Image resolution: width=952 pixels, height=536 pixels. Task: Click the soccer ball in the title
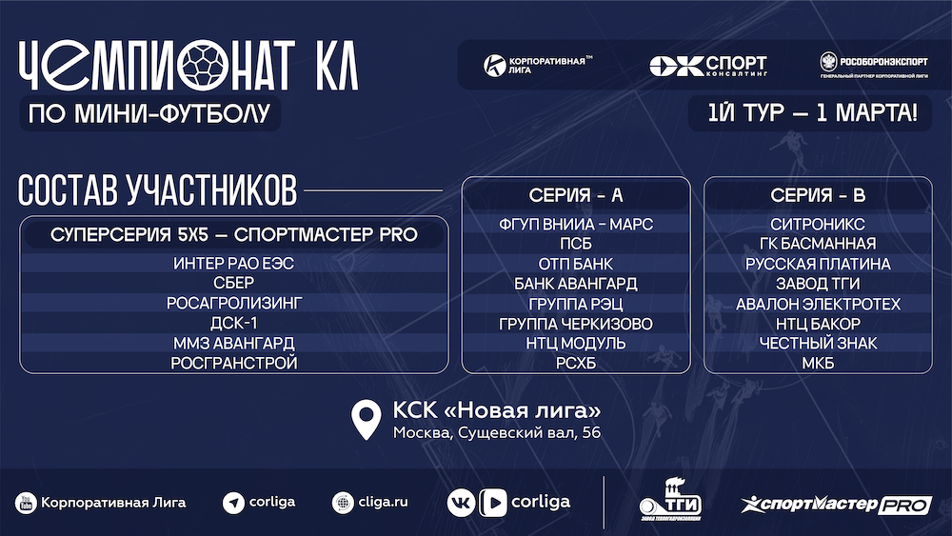tap(204, 65)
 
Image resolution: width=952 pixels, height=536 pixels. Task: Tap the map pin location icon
tap(367, 419)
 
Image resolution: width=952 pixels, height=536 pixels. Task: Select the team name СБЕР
tap(234, 283)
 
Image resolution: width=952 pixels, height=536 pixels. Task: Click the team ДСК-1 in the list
tap(234, 323)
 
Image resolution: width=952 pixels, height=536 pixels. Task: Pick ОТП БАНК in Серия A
tap(576, 264)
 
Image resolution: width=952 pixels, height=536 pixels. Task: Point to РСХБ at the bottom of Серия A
tap(576, 363)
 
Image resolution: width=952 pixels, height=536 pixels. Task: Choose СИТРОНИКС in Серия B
tap(817, 224)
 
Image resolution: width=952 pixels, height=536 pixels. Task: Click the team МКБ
tap(817, 363)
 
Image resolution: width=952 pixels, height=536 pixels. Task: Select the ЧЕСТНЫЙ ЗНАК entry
tap(817, 343)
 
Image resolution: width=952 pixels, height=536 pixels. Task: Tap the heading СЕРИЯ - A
tap(576, 195)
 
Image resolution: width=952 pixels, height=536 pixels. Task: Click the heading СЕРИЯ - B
tap(817, 195)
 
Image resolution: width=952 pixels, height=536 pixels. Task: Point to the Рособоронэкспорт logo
tap(874, 65)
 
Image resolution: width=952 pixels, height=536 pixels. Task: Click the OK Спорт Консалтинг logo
tap(708, 66)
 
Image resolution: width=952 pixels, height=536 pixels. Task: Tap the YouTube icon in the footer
tap(26, 503)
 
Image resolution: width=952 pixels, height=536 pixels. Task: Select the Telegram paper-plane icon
tap(233, 503)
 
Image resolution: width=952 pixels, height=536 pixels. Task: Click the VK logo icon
tap(461, 503)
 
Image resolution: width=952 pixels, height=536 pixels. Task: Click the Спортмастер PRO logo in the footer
tap(836, 505)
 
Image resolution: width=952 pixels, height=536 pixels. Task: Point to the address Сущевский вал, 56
tap(529, 433)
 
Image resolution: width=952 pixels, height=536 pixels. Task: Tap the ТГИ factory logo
tap(670, 500)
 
